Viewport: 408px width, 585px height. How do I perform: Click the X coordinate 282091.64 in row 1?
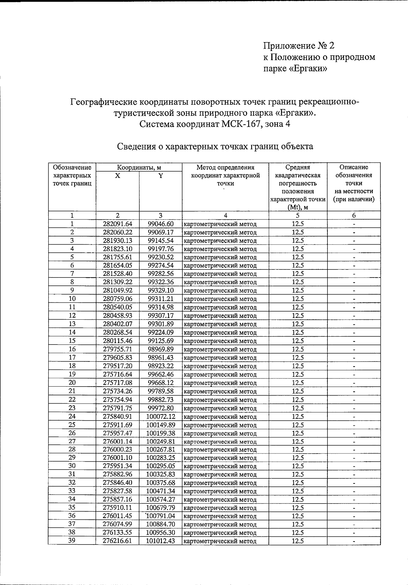tap(117, 224)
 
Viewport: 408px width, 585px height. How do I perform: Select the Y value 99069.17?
tap(160, 232)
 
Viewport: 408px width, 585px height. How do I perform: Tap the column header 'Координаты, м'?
tap(139, 167)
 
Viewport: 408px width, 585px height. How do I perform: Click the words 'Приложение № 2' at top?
tap(299, 46)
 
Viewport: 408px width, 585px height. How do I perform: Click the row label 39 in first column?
tap(72, 540)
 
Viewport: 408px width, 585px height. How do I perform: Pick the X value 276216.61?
tap(117, 541)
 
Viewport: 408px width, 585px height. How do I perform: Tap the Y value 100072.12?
tap(160, 416)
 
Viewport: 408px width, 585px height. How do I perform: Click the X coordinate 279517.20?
tap(117, 366)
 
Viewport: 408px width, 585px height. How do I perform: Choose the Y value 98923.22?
tap(160, 366)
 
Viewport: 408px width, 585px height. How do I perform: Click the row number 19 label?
tap(72, 374)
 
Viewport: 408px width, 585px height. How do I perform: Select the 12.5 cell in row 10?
tap(297, 299)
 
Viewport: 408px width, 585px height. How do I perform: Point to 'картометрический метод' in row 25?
tap(220, 425)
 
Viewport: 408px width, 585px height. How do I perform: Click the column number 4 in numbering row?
tap(225, 215)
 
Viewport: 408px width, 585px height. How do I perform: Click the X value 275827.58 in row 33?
tap(117, 491)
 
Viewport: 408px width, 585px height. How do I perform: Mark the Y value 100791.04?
tap(160, 516)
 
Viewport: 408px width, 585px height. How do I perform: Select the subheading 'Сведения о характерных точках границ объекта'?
tap(215, 146)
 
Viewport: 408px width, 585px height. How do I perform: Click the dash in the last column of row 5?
tap(354, 258)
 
